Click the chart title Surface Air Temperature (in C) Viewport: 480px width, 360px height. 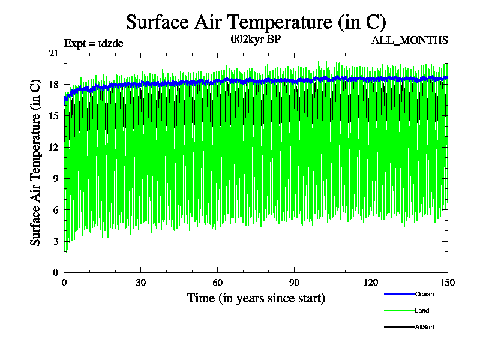pos(256,22)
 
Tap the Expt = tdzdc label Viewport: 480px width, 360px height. pos(94,43)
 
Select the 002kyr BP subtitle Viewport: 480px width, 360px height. pos(256,40)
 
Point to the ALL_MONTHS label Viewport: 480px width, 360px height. pos(410,40)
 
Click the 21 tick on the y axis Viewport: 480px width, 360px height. pos(53,53)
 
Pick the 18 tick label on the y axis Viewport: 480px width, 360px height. pos(53,85)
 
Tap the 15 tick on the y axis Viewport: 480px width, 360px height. pos(53,116)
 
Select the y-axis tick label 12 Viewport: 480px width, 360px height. pos(53,147)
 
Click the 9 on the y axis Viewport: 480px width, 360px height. pos(56,178)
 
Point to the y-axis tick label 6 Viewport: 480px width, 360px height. pos(56,210)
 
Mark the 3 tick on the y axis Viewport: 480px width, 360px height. pos(56,241)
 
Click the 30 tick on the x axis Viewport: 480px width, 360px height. pos(141,283)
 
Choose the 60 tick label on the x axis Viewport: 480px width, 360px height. pos(218,283)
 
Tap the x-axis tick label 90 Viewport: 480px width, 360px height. pos(295,283)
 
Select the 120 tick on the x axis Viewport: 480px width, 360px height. pos(371,283)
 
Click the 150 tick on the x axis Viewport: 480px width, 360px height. pos(447,283)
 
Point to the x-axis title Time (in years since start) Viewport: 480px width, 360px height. pos(256,298)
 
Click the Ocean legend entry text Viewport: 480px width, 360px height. pos(424,294)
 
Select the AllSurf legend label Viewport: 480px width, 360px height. pos(424,327)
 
